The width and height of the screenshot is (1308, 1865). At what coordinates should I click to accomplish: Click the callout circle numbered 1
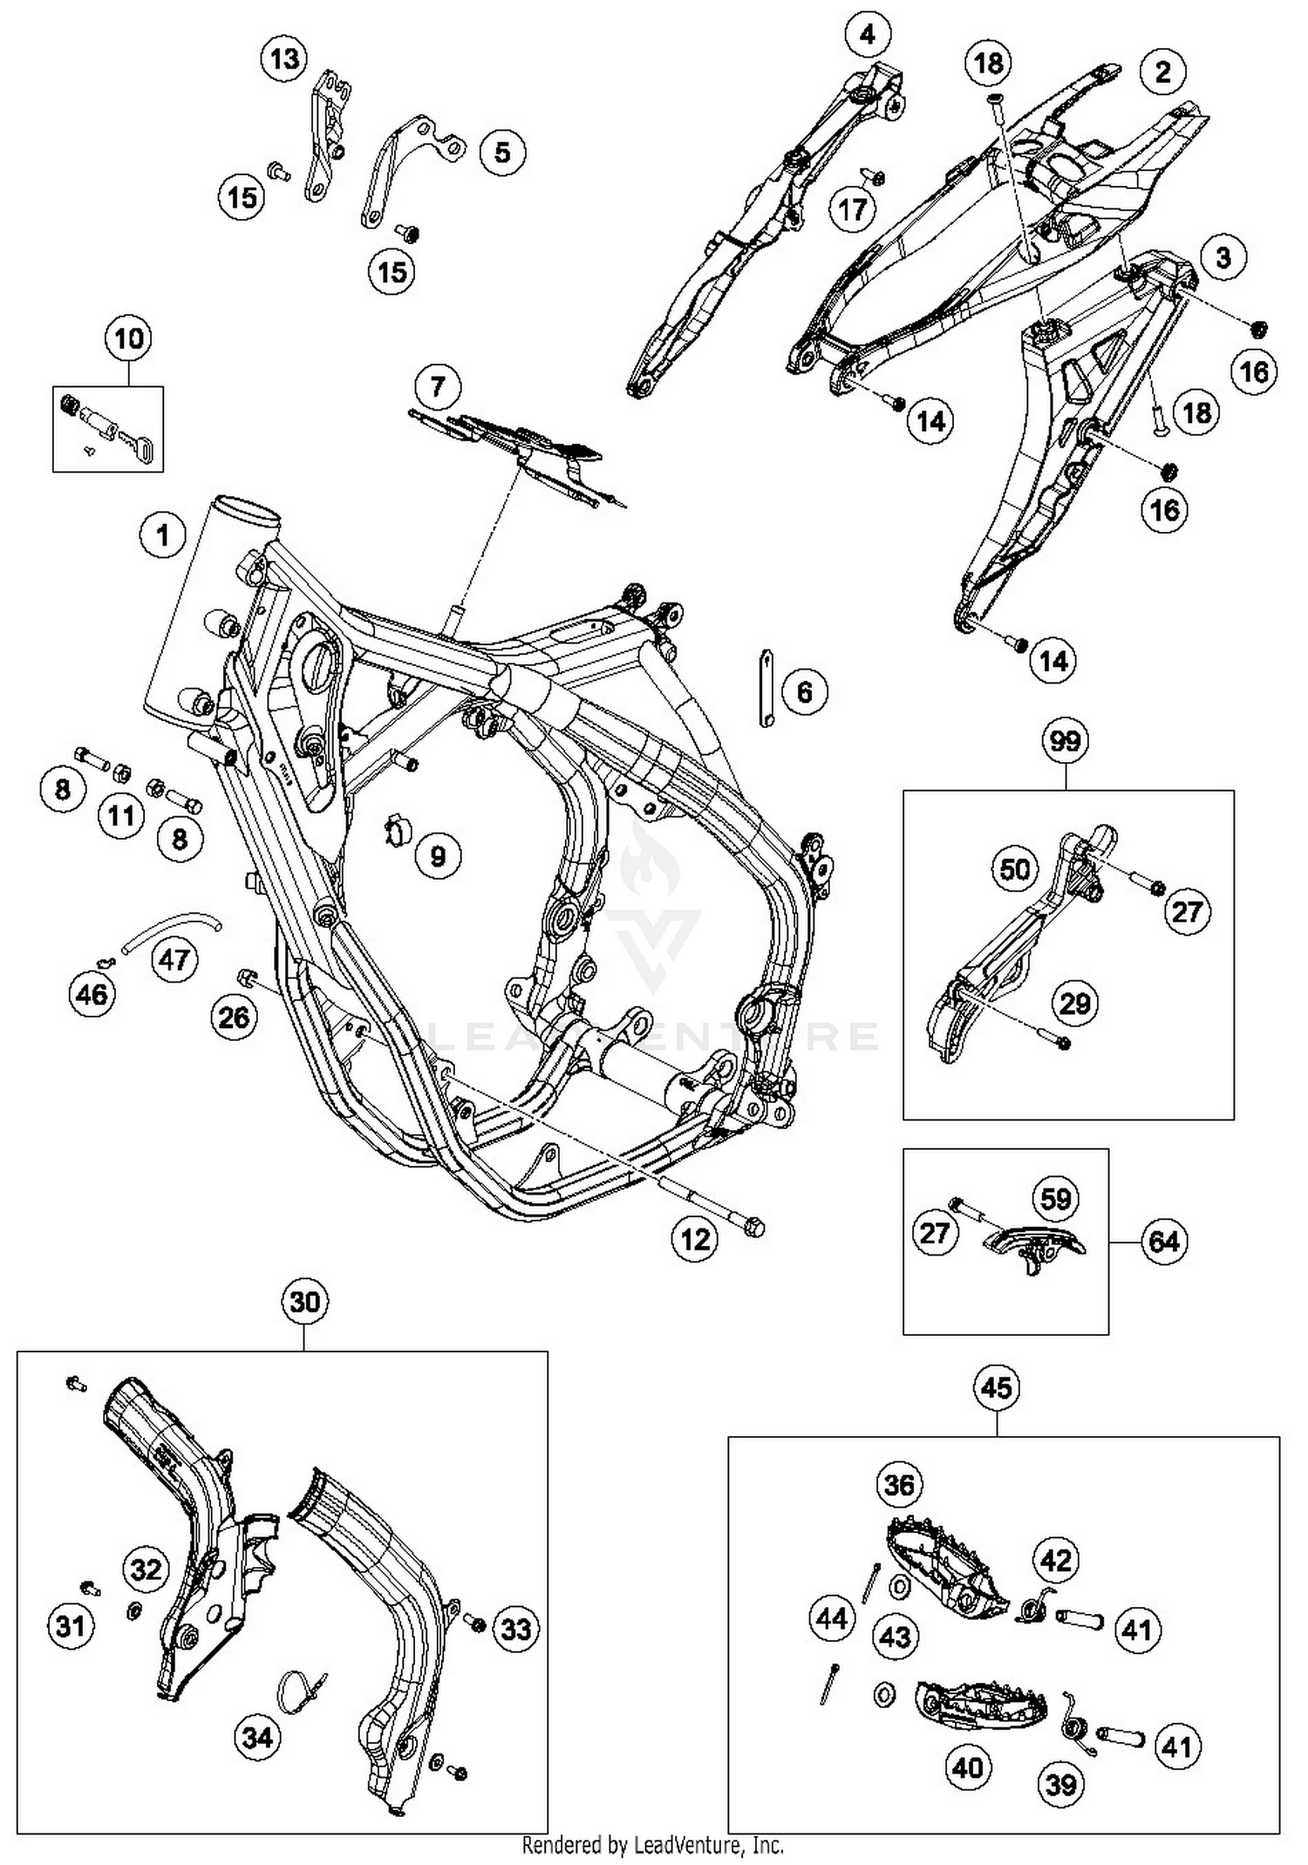click(163, 534)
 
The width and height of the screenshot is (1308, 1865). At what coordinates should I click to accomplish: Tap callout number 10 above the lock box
click(128, 338)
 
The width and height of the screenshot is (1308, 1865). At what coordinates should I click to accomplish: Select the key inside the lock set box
click(140, 446)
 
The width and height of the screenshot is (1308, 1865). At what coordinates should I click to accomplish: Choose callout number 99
click(1065, 741)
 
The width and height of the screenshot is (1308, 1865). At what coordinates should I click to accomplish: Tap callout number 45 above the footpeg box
click(997, 1386)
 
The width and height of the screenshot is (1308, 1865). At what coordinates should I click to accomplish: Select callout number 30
click(304, 1302)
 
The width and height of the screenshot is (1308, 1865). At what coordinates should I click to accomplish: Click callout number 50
click(1014, 869)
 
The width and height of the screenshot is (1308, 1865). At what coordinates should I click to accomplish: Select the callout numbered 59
click(1055, 1199)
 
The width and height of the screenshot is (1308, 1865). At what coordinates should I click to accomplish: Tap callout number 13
click(284, 59)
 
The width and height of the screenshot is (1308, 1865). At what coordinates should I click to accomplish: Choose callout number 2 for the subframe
click(1163, 72)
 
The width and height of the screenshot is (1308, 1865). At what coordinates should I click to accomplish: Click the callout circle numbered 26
click(234, 1017)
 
